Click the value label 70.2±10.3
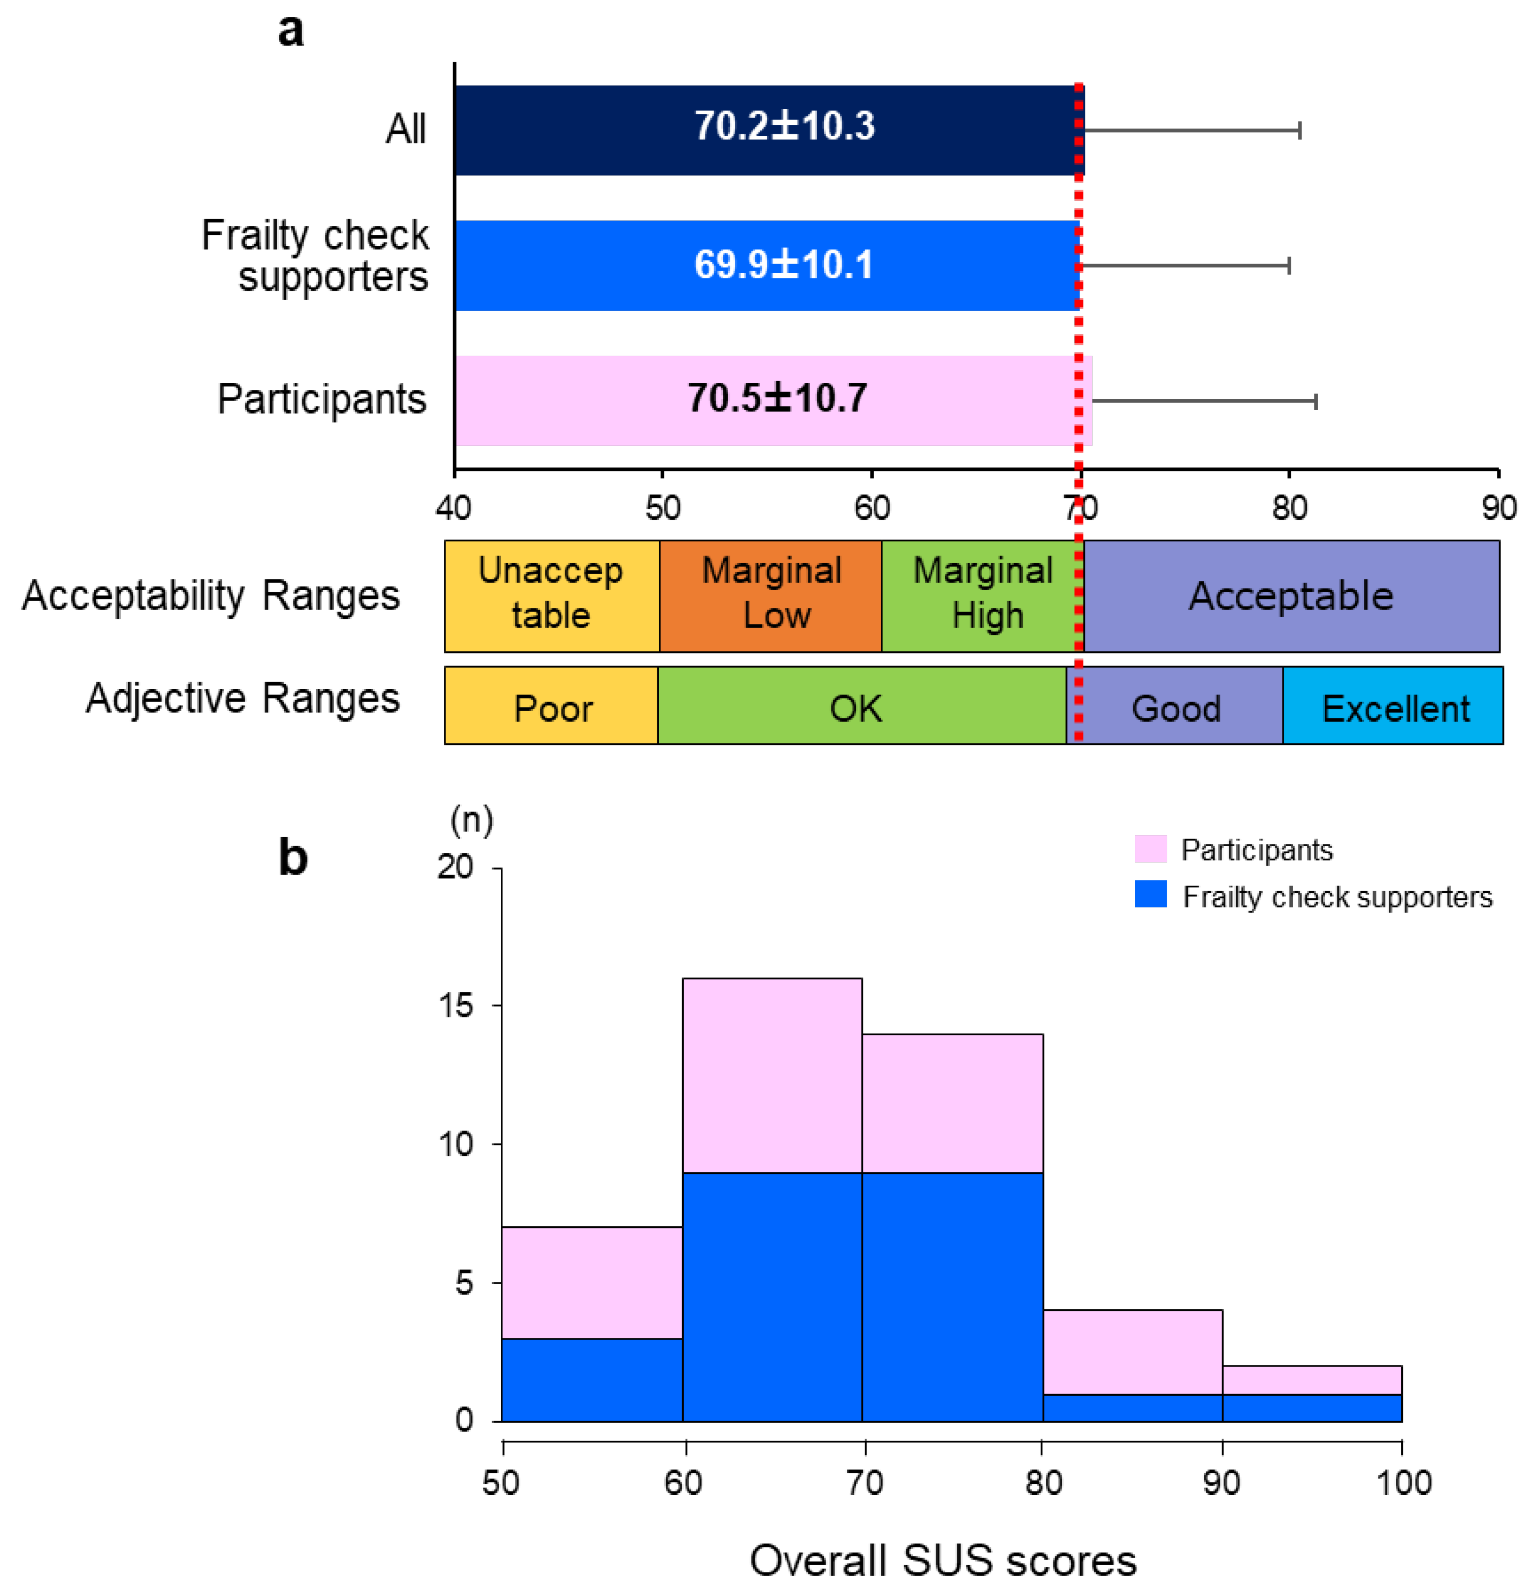point(784,126)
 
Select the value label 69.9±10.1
point(783,264)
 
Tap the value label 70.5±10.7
point(777,398)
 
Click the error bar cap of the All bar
point(1299,130)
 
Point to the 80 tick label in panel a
point(1289,508)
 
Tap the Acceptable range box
point(1291,595)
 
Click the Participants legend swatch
point(1149,849)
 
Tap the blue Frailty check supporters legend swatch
point(1149,894)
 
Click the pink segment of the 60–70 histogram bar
point(772,1074)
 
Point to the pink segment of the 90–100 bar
point(1311,1380)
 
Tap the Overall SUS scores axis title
point(943,1560)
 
